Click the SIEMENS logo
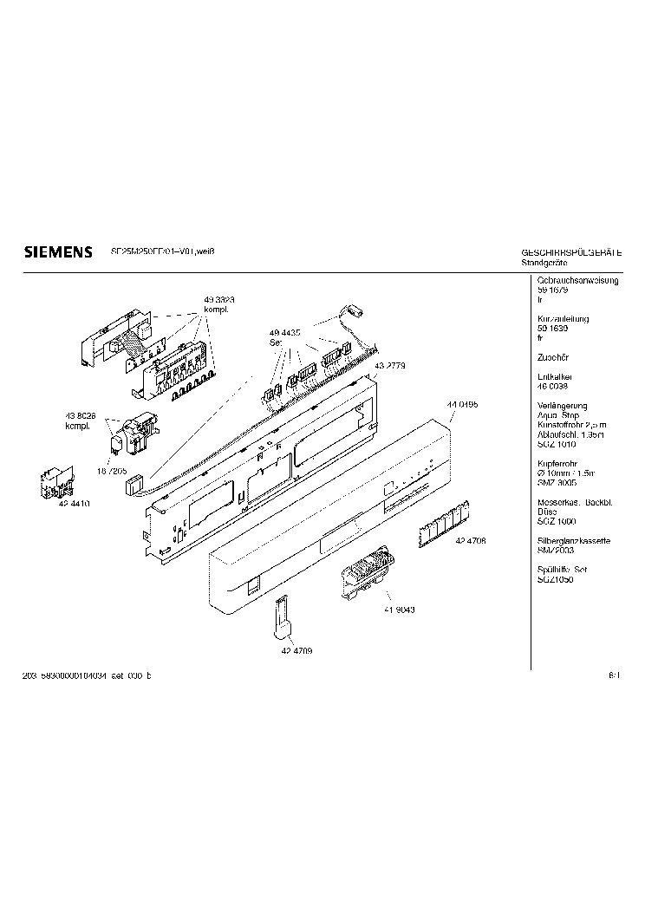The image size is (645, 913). click(56, 252)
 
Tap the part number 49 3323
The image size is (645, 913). click(220, 299)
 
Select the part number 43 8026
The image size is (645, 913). click(81, 416)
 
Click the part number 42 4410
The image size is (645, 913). click(75, 503)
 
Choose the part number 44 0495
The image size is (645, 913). click(463, 405)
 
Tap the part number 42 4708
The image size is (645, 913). click(470, 540)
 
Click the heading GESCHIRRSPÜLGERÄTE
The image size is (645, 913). click(571, 252)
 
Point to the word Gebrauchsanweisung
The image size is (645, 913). click(577, 282)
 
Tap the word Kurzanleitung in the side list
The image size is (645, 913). click(564, 319)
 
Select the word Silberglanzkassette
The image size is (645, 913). click(574, 541)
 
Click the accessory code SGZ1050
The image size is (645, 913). click(556, 579)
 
